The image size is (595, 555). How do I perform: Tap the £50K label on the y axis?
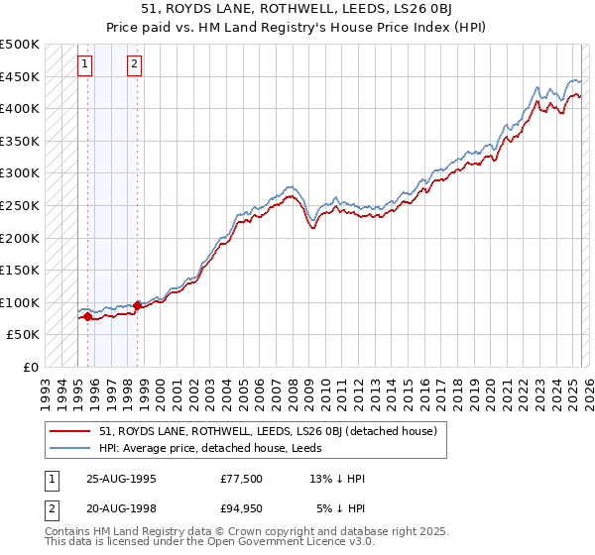[x=23, y=335]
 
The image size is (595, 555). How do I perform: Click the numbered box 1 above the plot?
[x=85, y=65]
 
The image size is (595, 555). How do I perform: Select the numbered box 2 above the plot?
[x=134, y=65]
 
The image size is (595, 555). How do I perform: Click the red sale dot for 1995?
[x=87, y=317]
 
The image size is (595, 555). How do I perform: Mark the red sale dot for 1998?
[x=137, y=305]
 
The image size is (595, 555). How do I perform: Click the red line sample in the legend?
[x=70, y=431]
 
